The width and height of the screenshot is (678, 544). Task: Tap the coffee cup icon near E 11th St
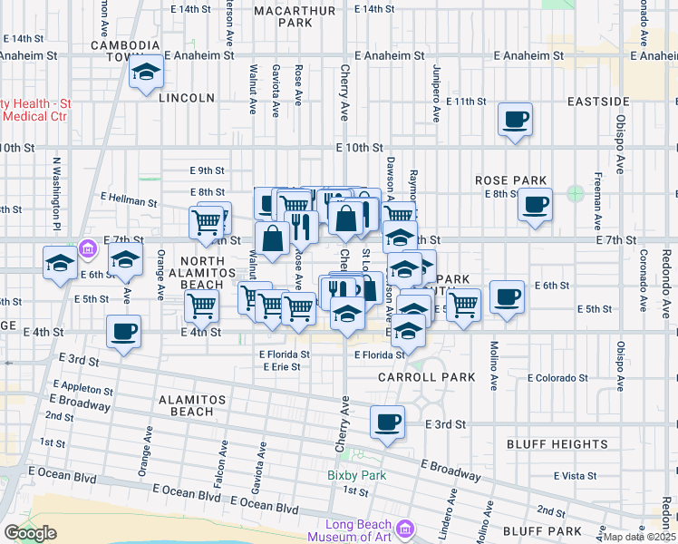(x=515, y=120)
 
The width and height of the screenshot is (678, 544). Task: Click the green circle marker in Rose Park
(x=575, y=192)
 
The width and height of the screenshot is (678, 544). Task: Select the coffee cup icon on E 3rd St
(x=388, y=422)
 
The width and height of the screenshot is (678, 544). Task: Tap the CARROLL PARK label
(x=413, y=376)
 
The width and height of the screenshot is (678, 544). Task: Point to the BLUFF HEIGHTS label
(x=557, y=444)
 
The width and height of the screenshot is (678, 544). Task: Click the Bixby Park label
(x=357, y=475)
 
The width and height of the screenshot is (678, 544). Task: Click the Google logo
(x=30, y=533)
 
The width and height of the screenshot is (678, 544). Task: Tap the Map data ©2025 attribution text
(x=639, y=537)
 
